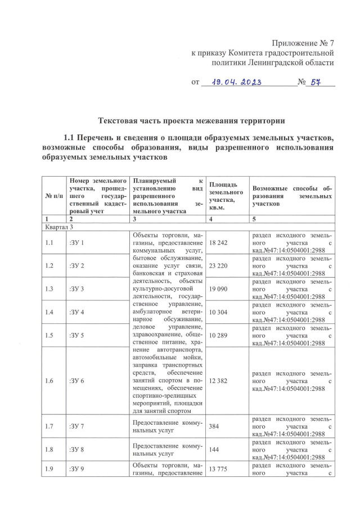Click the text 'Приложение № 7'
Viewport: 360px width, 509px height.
pos(303,44)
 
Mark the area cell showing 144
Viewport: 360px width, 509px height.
pos(214,451)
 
